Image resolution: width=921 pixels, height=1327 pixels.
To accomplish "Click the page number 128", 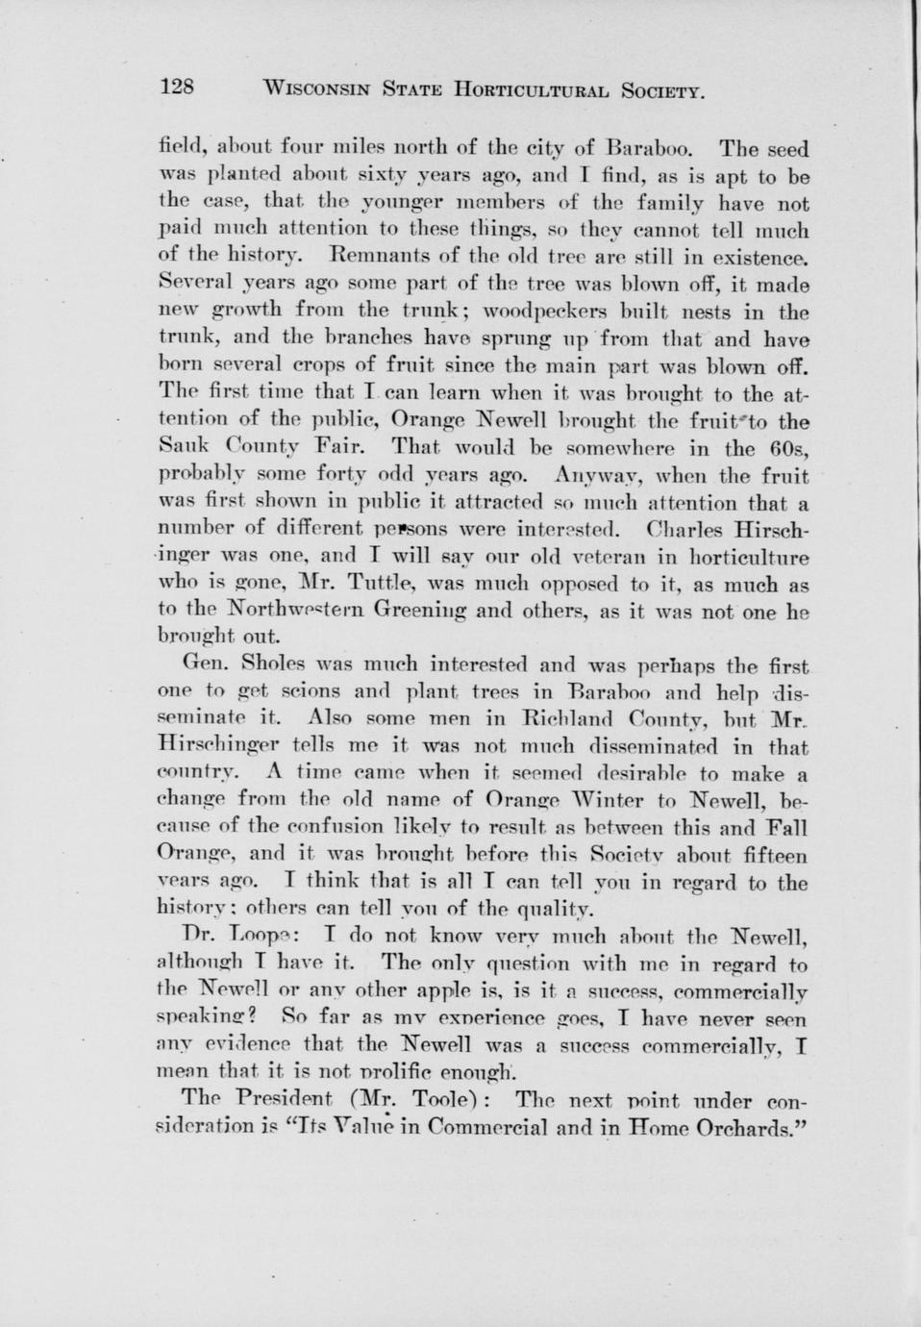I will (177, 88).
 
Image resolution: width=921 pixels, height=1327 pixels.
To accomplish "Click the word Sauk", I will (179, 448).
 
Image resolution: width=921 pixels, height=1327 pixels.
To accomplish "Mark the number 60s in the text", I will (793, 448).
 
